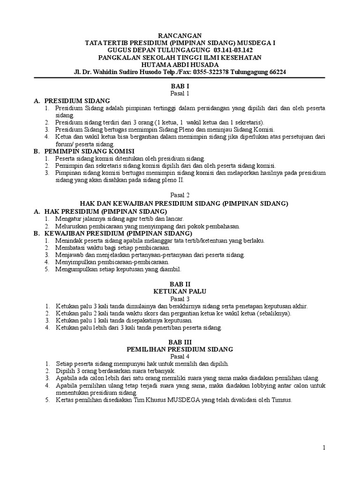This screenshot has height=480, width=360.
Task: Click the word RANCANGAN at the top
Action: coord(180,35)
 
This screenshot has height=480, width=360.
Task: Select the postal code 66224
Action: coord(276,72)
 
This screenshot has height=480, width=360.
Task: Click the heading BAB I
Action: coord(180,87)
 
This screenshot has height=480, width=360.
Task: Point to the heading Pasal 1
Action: coord(180,94)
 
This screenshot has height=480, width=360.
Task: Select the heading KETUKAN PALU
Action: coord(180,292)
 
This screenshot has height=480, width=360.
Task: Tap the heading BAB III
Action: coord(180,343)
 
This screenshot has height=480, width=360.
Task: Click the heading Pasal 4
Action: coord(180,357)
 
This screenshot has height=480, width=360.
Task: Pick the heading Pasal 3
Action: coord(180,299)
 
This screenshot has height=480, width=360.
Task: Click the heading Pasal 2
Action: coord(180,196)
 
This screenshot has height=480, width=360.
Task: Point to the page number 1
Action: coord(323,449)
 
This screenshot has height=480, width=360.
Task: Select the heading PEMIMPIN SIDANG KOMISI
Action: coord(90,152)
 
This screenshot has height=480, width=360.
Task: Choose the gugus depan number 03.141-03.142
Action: coord(226,50)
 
